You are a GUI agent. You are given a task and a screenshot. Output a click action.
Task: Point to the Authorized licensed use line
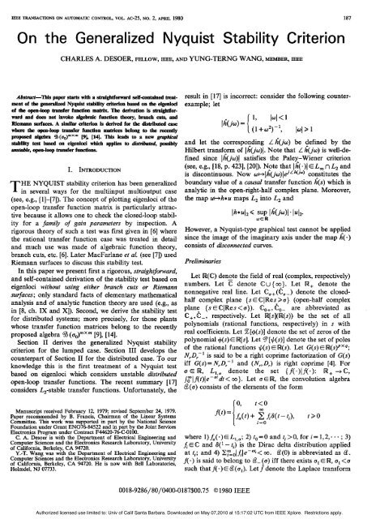(190, 513)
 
